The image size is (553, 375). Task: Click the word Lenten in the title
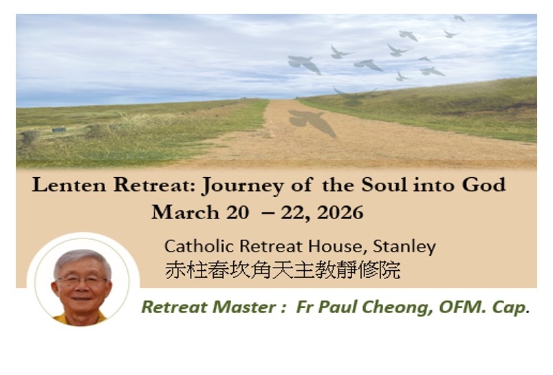(69, 185)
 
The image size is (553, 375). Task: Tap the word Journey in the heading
(242, 186)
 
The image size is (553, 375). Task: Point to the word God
(484, 185)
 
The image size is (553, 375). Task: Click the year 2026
(340, 212)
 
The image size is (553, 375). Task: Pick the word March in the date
(185, 212)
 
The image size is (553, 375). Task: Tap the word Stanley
(404, 247)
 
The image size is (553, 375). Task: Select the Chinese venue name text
(283, 270)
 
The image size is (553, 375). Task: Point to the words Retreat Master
(209, 307)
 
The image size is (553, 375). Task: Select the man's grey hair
(82, 260)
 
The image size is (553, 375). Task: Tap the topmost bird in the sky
(459, 18)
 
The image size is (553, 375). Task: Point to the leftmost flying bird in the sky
(305, 64)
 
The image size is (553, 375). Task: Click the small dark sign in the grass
(59, 130)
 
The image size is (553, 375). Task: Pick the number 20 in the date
(237, 212)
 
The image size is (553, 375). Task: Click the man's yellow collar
(79, 319)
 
